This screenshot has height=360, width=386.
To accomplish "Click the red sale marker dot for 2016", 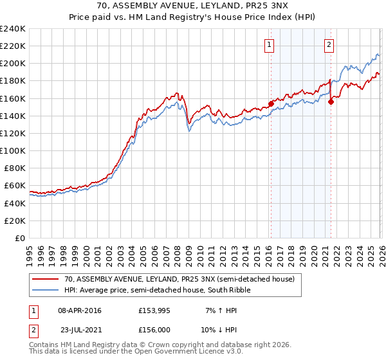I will click(x=271, y=103).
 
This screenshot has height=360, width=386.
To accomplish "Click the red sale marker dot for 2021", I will click(x=331, y=101).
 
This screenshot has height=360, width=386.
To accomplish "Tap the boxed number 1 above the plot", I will click(x=268, y=45).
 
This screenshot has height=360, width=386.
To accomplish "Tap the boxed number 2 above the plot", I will click(x=329, y=45).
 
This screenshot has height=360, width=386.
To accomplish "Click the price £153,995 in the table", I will click(x=153, y=310).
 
